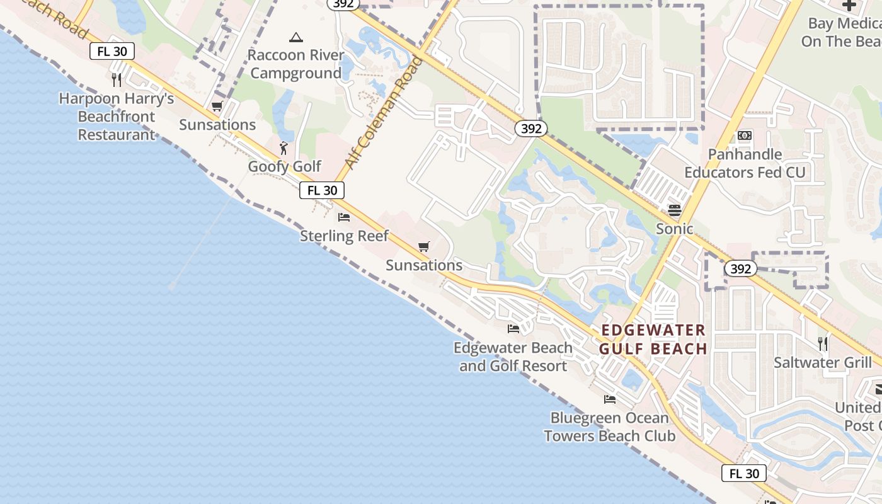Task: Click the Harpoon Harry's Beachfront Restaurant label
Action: (117, 117)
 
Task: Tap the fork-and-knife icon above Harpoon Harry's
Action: (116, 80)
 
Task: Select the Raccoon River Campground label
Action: (296, 64)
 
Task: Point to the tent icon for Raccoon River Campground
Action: (296, 37)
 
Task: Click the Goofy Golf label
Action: (284, 167)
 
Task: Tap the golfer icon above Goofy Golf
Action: (284, 149)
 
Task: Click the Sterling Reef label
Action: (344, 236)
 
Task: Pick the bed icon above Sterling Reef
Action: (344, 218)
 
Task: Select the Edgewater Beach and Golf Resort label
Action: (513, 357)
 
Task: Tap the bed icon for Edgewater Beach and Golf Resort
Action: (513, 329)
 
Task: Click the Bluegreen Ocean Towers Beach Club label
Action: (609, 427)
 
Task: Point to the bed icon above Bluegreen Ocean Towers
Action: (609, 399)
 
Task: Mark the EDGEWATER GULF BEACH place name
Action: (653, 340)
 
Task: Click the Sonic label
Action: (675, 229)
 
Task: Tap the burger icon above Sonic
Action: (675, 210)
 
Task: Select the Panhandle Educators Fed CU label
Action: (745, 163)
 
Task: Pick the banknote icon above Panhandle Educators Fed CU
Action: (745, 135)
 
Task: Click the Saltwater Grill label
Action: (823, 363)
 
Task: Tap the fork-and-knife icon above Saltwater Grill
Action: (823, 344)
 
